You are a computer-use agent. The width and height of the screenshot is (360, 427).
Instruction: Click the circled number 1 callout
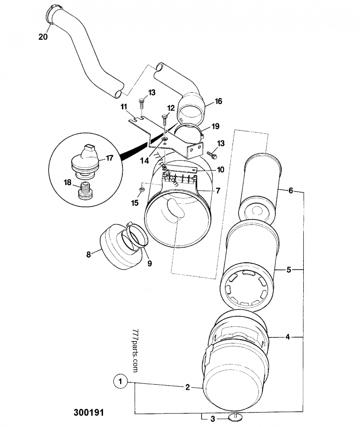(120, 382)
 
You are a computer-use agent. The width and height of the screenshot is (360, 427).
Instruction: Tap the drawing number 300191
(89, 412)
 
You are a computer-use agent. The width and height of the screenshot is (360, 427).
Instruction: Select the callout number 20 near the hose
(43, 36)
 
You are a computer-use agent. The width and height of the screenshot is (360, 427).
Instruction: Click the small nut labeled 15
(141, 189)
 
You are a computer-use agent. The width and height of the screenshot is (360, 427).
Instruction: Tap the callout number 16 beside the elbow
(218, 101)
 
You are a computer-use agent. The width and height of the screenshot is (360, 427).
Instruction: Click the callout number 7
(218, 191)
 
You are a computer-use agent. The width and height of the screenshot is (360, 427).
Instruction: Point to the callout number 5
(289, 270)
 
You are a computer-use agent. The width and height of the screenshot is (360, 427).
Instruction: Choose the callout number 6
(291, 191)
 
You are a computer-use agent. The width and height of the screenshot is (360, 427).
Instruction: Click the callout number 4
(288, 337)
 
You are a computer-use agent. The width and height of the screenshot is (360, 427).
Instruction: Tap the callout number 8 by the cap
(88, 255)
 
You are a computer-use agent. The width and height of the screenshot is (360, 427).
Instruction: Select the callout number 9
(149, 263)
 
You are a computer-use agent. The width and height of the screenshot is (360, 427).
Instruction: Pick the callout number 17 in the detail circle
(109, 158)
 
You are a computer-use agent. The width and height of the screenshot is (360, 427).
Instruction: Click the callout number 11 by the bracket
(124, 107)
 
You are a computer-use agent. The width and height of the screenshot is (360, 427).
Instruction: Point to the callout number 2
(187, 387)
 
